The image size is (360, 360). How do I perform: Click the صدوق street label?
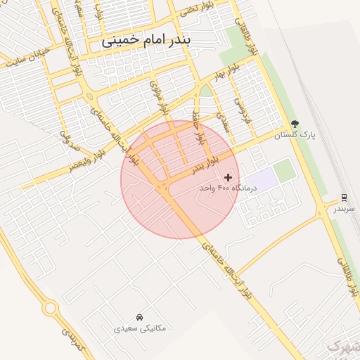65,133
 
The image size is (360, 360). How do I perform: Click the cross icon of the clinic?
228,177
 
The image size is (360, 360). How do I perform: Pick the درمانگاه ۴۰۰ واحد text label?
228,188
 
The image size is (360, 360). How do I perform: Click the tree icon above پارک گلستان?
295,124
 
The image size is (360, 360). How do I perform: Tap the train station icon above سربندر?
344,198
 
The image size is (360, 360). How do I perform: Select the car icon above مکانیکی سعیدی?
141,317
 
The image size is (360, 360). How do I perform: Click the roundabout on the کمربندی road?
50,308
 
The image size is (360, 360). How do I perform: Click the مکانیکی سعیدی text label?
141,328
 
